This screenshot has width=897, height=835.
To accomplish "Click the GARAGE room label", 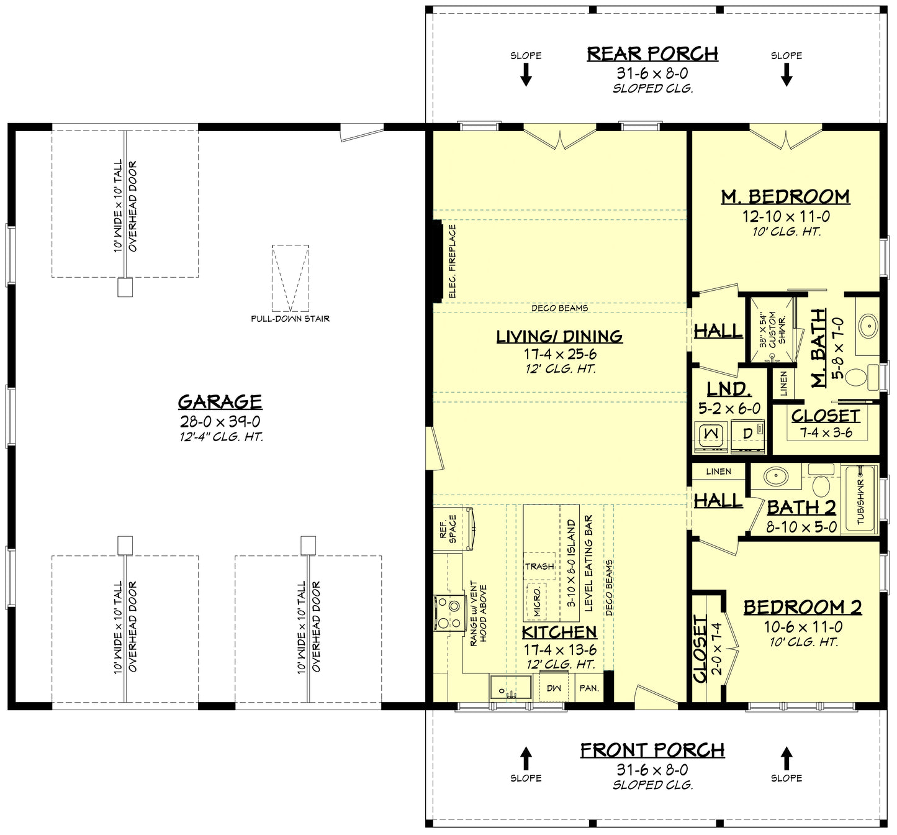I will point(220,401).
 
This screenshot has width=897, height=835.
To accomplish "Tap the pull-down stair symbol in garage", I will point(290,278).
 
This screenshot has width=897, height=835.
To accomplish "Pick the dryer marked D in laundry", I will point(747,433).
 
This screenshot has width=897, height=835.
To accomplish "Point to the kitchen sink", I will point(510,688).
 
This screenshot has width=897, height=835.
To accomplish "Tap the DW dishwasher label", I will point(553,688).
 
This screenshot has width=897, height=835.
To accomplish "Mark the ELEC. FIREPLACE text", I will point(452,261).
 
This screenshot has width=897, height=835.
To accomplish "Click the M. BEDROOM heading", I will point(785,197).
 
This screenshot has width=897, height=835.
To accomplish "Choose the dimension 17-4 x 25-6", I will point(559,354).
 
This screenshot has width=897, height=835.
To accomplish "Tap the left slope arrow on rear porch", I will point(526,75).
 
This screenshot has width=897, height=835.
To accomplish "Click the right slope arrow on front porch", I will point(787,758).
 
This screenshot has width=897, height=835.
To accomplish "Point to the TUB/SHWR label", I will point(860,501).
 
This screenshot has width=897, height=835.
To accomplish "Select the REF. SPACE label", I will point(448,529).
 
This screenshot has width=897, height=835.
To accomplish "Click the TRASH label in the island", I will point(539,566).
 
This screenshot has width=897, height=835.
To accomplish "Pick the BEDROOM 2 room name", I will point(802,607).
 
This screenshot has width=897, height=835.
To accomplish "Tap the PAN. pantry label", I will point(588,688).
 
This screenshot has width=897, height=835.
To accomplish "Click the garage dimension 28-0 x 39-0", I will point(220,422).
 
